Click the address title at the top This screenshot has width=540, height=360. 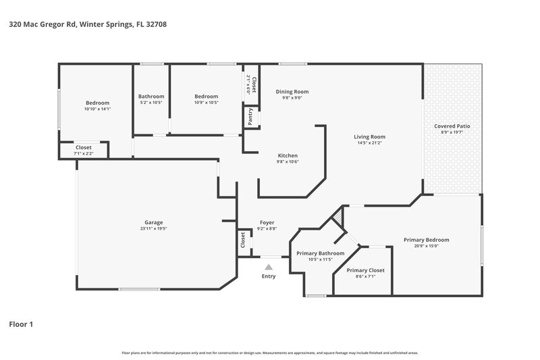point(88,24)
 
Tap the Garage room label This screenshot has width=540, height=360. point(153,222)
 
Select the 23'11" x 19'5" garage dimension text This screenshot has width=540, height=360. point(153,228)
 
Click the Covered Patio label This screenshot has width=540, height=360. point(452,126)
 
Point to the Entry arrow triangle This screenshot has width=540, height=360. point(268,267)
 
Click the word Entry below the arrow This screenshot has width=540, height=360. point(268,276)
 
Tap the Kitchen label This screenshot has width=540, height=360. point(288,155)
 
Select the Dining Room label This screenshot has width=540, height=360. point(292,91)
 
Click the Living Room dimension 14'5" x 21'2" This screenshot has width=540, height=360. point(369,143)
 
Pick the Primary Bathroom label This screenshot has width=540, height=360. point(321,253)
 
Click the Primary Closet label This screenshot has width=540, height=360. point(367,269)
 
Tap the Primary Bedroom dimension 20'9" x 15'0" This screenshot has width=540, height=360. point(426,246)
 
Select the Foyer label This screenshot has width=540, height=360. point(267,222)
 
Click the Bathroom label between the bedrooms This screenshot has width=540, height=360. point(151,96)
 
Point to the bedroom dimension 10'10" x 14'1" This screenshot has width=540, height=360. point(97,109)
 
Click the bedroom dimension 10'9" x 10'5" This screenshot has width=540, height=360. point(207,103)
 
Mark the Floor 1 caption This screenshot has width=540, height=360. point(20,324)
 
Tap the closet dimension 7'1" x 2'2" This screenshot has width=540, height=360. point(84,153)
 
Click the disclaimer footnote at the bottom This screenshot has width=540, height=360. point(270,353)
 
